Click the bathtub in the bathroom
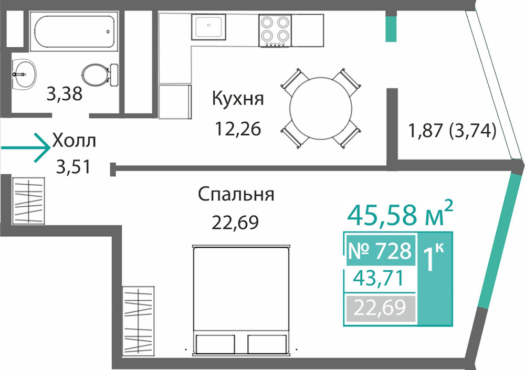pyautogui.click(x=73, y=31)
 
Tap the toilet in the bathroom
pyautogui.click(x=100, y=75)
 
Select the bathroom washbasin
pyautogui.click(x=24, y=75)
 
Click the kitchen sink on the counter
pyautogui.click(x=208, y=27)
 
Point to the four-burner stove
pyautogui.click(x=275, y=30)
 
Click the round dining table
pyautogui.click(x=321, y=109)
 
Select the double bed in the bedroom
pyautogui.click(x=241, y=300)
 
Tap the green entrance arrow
pyautogui.click(x=26, y=147)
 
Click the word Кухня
pyautogui.click(x=238, y=99)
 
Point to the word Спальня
pyautogui.click(x=236, y=194)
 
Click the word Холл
pyautogui.click(x=74, y=141)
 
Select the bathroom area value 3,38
pyautogui.click(x=64, y=94)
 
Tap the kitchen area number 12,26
pyautogui.click(x=238, y=129)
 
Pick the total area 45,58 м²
pyautogui.click(x=400, y=213)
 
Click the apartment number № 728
pyautogui.click(x=380, y=250)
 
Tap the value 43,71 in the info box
pyautogui.click(x=379, y=278)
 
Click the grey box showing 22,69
pyautogui.click(x=380, y=308)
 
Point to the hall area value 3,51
pyautogui.click(x=73, y=167)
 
